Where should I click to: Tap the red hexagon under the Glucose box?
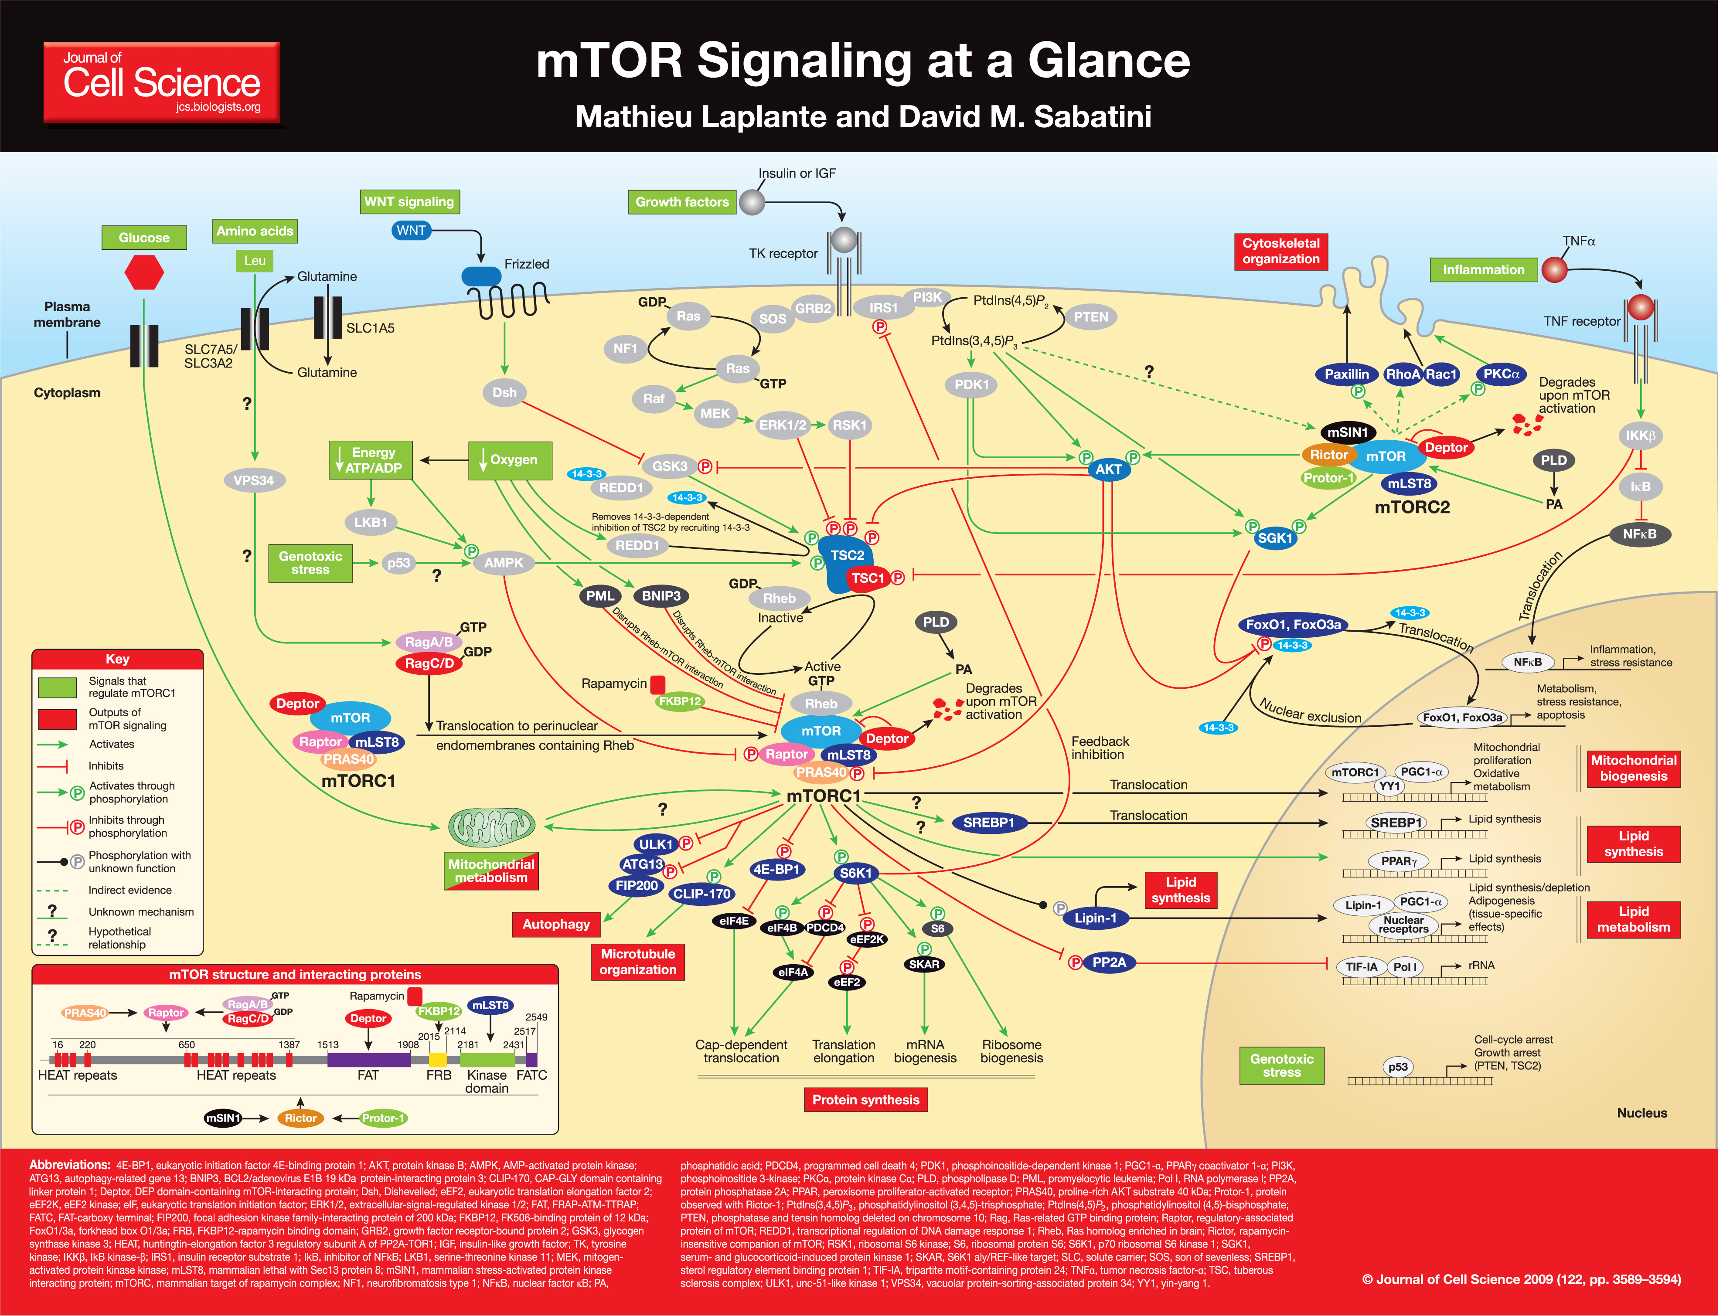pos(144,272)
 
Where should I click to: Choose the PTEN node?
pos(1091,316)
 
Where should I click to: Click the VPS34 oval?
pos(254,480)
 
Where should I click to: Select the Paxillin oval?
pos(1346,374)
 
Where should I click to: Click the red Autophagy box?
pos(556,924)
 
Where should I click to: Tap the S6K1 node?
pos(856,873)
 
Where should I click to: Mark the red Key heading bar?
pos(118,659)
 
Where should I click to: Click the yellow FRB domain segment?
pos(437,1060)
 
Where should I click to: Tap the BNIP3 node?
pos(661,596)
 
